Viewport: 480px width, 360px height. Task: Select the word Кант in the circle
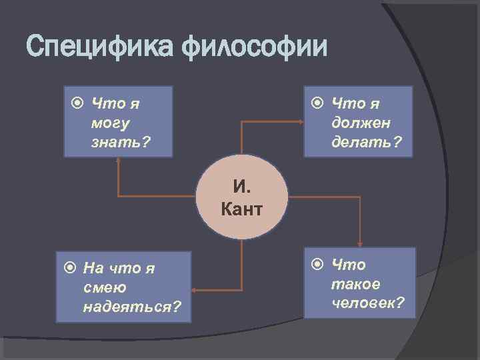pos(241,210)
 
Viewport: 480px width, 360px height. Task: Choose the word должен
pos(361,123)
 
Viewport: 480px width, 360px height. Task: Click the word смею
pos(101,287)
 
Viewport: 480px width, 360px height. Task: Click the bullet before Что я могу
pos(77,103)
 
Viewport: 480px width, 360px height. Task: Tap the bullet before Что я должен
pos(318,103)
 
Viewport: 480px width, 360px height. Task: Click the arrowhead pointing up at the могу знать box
pos(118,161)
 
